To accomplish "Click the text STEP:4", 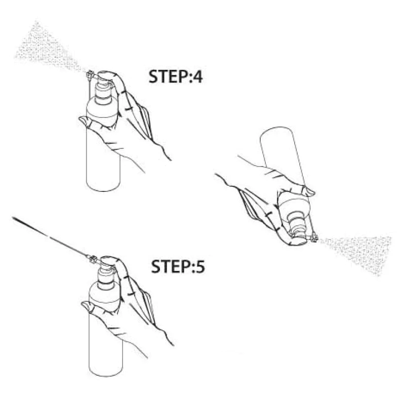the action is point(176,76).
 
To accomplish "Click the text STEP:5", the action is point(178,266).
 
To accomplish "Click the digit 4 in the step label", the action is point(197,76).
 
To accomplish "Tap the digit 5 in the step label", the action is point(200,266).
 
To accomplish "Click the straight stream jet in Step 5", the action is point(50,237).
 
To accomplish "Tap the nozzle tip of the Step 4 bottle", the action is point(89,74).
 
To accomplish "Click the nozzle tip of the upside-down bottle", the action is point(314,238).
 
